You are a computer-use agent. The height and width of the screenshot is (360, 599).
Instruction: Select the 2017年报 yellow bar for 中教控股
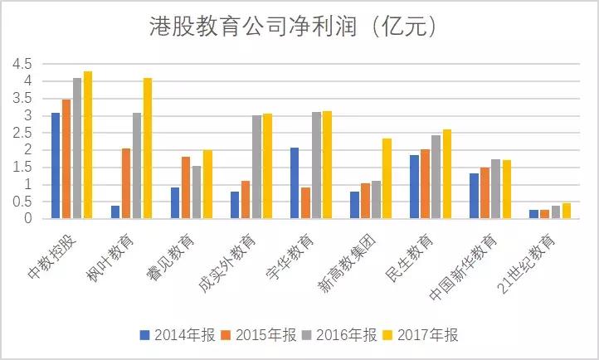click(x=88, y=145)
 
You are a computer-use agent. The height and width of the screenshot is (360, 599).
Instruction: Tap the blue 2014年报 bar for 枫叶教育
click(x=115, y=212)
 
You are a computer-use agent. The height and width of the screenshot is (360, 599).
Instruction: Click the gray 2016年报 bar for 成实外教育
click(x=256, y=167)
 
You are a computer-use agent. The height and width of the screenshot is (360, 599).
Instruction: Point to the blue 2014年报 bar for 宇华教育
click(x=295, y=183)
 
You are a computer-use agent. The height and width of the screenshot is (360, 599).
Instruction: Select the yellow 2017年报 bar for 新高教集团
click(x=387, y=178)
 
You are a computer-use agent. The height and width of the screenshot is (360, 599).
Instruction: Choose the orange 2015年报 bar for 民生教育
click(x=425, y=184)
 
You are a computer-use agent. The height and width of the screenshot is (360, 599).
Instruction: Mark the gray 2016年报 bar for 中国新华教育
click(x=495, y=189)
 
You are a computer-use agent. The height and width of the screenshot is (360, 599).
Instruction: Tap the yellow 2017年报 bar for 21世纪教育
click(x=567, y=211)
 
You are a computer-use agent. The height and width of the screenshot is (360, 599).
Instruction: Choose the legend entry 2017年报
click(x=426, y=336)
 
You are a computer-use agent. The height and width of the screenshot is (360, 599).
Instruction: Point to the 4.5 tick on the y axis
click(x=22, y=64)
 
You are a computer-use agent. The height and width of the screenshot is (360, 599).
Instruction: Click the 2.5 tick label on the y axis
click(x=22, y=133)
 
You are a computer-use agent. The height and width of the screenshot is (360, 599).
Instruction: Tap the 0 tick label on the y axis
click(x=28, y=219)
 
